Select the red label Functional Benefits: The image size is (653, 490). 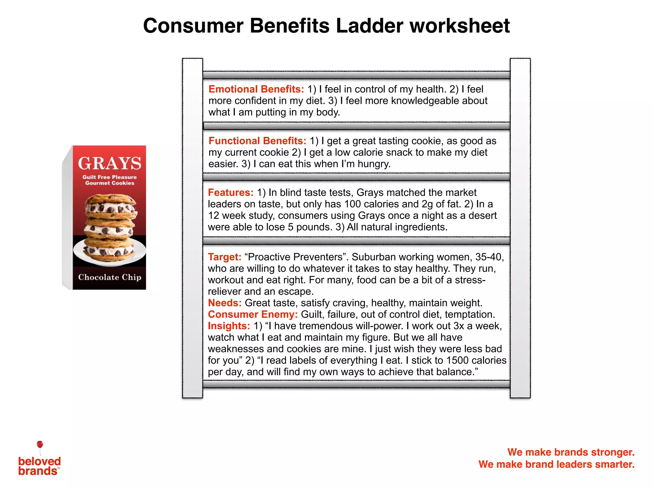pyautogui.click(x=257, y=141)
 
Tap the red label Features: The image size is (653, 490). pyautogui.click(x=231, y=192)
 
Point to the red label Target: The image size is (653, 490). pyautogui.click(x=224, y=257)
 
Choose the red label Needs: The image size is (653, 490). pyautogui.click(x=224, y=303)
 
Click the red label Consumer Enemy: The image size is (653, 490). pyautogui.click(x=253, y=314)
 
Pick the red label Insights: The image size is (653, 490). pyautogui.click(x=229, y=326)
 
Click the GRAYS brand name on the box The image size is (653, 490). pyautogui.click(x=109, y=163)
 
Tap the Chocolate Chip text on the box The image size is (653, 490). pyautogui.click(x=109, y=277)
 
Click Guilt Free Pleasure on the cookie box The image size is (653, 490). pyautogui.click(x=109, y=177)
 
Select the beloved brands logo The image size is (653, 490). pyautogui.click(x=39, y=466)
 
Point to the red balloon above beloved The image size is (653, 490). pyautogui.click(x=40, y=444)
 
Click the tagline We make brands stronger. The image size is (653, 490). pyautogui.click(x=571, y=452)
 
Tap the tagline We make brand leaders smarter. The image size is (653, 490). pyautogui.click(x=556, y=464)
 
